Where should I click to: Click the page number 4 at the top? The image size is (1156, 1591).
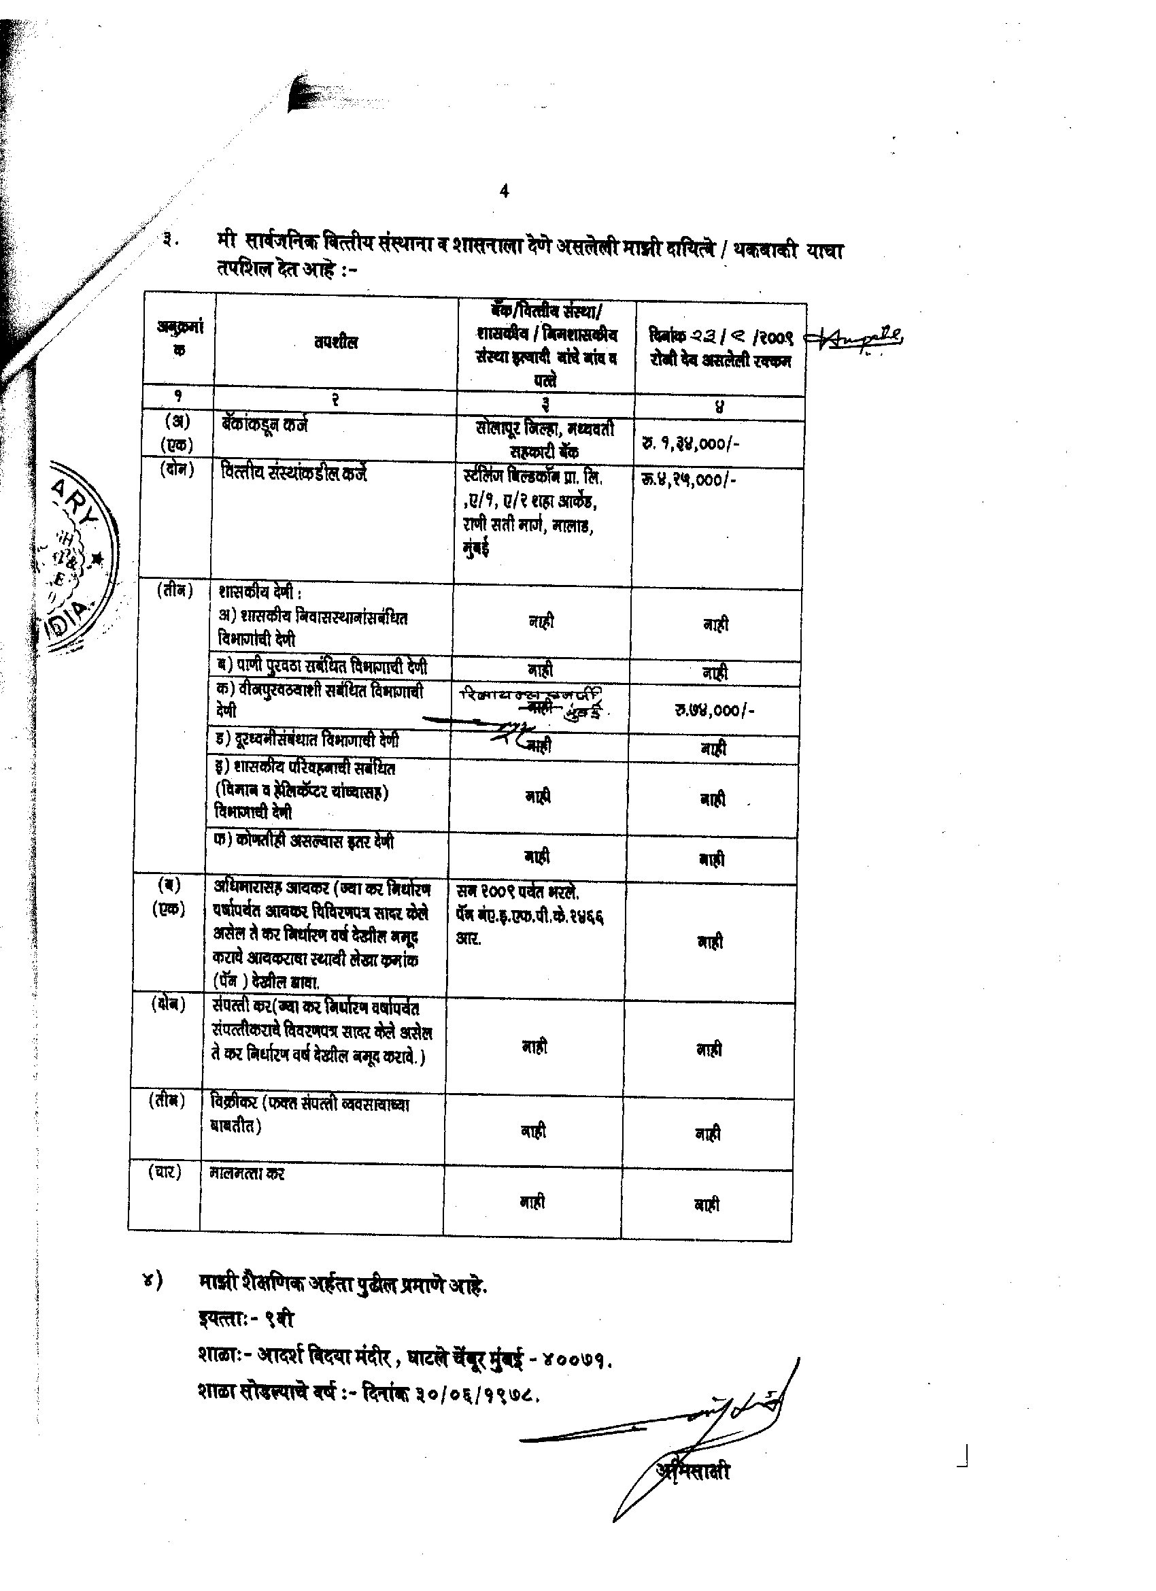505,191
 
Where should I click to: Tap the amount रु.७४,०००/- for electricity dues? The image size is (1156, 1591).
714,710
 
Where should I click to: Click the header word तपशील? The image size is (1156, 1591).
336,342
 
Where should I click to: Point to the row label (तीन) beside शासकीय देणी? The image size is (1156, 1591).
174,590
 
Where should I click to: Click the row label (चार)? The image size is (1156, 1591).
165,1172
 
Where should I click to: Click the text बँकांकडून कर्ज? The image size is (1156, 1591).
265,424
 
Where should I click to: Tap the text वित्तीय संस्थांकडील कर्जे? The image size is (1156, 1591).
294,475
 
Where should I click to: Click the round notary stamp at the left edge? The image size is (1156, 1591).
77,558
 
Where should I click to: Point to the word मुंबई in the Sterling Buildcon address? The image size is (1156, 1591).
475,548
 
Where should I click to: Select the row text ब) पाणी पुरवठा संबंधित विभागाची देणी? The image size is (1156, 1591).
324,667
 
